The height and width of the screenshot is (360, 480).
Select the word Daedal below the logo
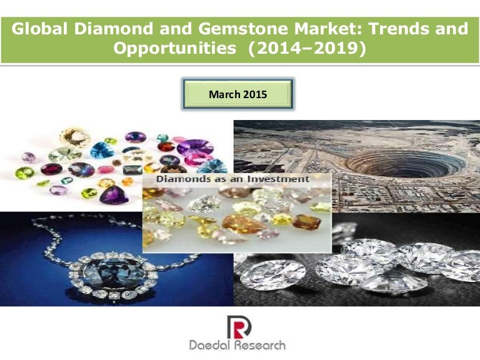(213, 346)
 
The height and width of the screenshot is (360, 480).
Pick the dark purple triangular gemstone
(114, 196)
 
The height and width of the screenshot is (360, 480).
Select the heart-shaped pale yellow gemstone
(75, 137)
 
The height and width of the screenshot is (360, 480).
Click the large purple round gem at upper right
(195, 148)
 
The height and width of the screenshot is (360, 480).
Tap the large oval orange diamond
(242, 224)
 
